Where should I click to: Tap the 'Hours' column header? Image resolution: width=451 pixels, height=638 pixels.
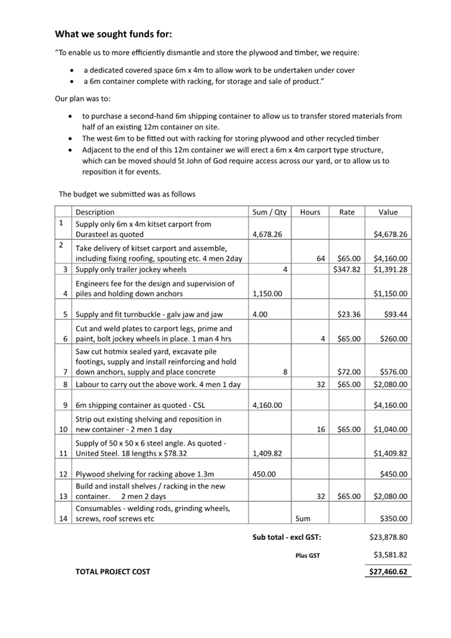(310, 212)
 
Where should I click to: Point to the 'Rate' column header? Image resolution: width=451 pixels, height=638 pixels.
(347, 212)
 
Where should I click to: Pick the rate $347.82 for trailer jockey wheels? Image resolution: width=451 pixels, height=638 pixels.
(347, 269)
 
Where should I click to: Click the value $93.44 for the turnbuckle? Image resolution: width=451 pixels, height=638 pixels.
(394, 315)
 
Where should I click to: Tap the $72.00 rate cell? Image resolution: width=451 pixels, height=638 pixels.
(349, 371)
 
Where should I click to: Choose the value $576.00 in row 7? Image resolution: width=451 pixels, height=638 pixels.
(394, 371)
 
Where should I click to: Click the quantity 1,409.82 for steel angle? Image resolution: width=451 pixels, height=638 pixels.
(267, 453)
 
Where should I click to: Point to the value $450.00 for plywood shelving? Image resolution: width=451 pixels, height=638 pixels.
(394, 475)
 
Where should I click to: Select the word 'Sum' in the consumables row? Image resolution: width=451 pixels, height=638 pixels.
(302, 518)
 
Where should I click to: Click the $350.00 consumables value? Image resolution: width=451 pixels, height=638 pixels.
(394, 518)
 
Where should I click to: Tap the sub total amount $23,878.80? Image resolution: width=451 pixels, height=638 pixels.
(388, 536)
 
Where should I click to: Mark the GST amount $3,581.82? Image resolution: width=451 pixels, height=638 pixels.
(390, 554)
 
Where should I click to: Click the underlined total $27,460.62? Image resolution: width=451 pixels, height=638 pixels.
(388, 572)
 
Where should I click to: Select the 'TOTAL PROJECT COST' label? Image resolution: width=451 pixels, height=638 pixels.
(113, 572)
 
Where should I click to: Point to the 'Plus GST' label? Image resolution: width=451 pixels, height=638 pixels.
(307, 555)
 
